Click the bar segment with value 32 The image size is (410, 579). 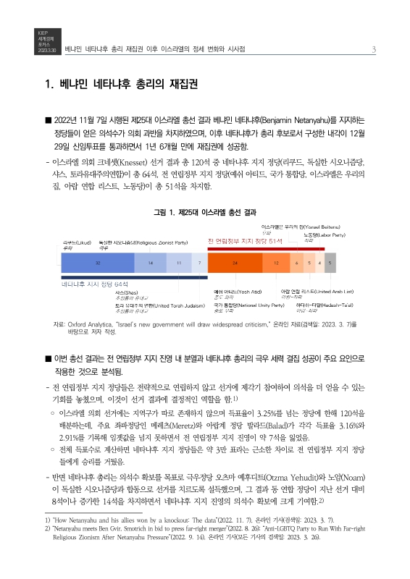click(98, 263)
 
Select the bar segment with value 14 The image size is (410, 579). click(150, 263)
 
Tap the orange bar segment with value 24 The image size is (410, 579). click(235, 263)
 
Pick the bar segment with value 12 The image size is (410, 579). click(276, 263)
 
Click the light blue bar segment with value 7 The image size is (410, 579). click(199, 263)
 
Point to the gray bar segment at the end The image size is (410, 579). click(330, 263)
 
